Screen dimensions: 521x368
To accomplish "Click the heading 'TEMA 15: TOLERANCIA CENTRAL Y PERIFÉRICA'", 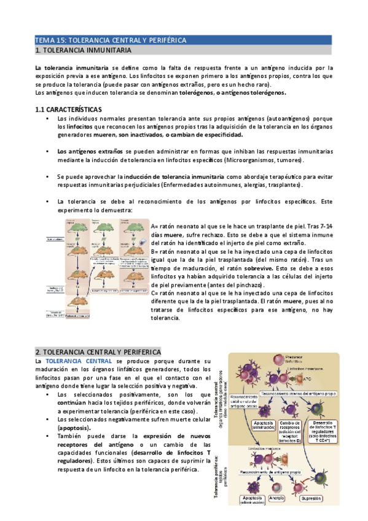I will (110, 40).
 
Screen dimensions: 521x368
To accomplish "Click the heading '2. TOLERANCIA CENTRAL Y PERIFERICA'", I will (98, 352).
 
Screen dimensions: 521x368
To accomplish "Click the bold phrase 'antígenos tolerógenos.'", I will (249, 93).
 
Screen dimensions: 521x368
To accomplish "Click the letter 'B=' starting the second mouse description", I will (155, 252).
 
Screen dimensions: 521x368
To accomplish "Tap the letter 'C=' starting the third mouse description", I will (155, 294).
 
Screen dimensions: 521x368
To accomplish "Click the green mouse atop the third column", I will (133, 227).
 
